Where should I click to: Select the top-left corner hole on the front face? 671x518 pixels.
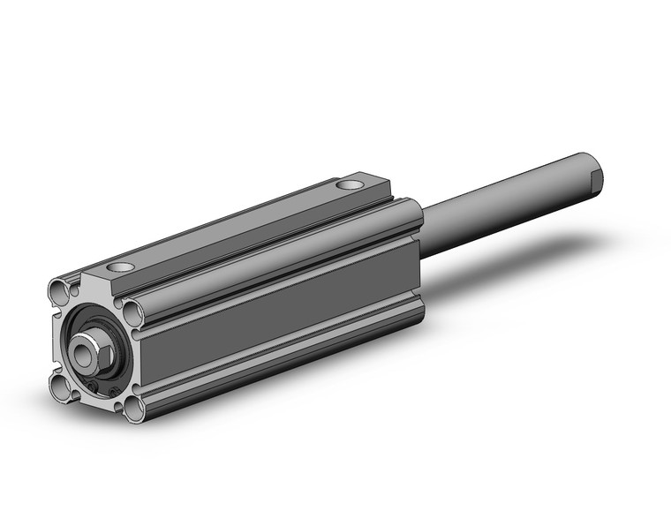point(59,288)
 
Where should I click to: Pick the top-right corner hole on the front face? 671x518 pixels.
point(132,310)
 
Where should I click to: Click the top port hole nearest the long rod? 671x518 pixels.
point(351,186)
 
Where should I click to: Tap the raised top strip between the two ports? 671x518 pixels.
point(238,229)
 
